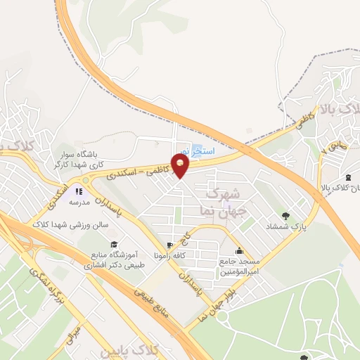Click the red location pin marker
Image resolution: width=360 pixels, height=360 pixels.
coord(181,165)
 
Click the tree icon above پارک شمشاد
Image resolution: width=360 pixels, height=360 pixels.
coord(285,216)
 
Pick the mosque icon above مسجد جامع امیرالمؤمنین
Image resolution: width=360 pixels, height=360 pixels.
coord(239,250)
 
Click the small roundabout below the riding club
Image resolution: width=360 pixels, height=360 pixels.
coord(85,180)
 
